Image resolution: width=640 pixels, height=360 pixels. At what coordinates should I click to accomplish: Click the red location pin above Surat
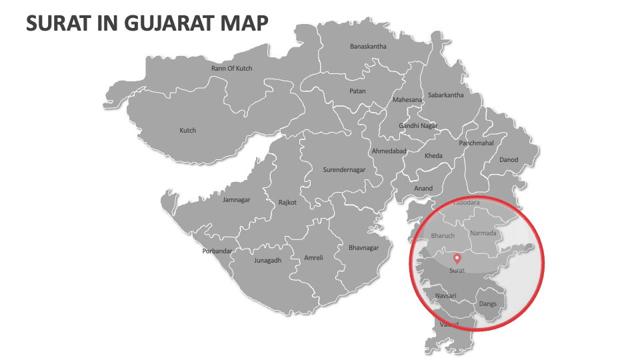click(457, 259)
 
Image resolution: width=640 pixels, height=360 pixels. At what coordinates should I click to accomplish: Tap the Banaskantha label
click(368, 47)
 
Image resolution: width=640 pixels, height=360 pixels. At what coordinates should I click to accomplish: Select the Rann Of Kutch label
click(231, 68)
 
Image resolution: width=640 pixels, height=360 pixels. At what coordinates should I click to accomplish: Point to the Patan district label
click(357, 91)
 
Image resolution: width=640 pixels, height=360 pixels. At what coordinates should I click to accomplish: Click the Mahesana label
click(407, 100)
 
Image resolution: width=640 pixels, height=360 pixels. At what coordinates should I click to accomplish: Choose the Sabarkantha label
click(445, 95)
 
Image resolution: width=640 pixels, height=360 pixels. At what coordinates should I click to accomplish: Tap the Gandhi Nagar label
click(418, 126)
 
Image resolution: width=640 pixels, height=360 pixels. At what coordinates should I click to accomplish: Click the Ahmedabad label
click(389, 151)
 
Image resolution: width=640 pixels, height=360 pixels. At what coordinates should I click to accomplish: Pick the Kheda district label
click(433, 156)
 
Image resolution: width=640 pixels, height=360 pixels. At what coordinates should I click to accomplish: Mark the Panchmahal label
click(476, 143)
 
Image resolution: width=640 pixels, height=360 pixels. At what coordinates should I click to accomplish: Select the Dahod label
click(509, 160)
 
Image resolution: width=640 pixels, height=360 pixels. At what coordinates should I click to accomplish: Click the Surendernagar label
click(344, 170)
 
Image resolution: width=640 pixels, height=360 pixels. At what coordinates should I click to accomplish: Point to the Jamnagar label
click(237, 199)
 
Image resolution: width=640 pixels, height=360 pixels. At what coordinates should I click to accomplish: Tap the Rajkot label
click(287, 203)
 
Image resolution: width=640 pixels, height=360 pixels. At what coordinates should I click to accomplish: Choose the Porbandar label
click(217, 251)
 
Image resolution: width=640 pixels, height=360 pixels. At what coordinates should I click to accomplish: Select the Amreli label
click(313, 258)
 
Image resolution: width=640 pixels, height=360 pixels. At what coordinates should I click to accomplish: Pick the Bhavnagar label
click(363, 248)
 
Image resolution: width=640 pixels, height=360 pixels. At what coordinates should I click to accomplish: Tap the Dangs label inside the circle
click(487, 304)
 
